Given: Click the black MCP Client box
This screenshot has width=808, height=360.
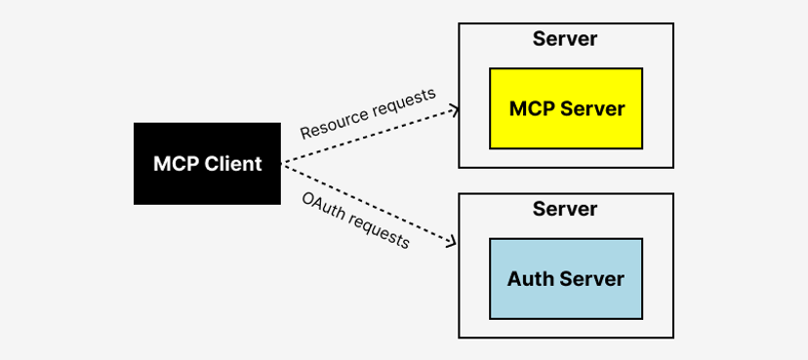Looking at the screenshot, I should click(207, 163).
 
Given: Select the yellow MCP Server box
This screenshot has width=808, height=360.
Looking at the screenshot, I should click(565, 107).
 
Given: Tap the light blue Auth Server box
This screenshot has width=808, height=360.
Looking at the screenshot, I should click(565, 278).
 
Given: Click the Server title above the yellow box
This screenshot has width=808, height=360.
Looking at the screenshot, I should click(565, 40).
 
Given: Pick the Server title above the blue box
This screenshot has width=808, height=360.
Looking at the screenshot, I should click(565, 210).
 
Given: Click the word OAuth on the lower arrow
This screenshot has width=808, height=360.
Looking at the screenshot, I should click(322, 206).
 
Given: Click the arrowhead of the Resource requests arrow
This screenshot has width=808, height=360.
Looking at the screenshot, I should click(454, 110).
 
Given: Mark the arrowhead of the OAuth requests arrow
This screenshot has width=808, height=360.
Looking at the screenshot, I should click(454, 244).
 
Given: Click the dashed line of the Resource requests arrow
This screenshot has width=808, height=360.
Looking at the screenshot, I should click(371, 137).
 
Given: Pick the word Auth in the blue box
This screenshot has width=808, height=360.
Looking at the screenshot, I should click(530, 278).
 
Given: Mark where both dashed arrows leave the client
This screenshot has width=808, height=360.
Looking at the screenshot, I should click(282, 163).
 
